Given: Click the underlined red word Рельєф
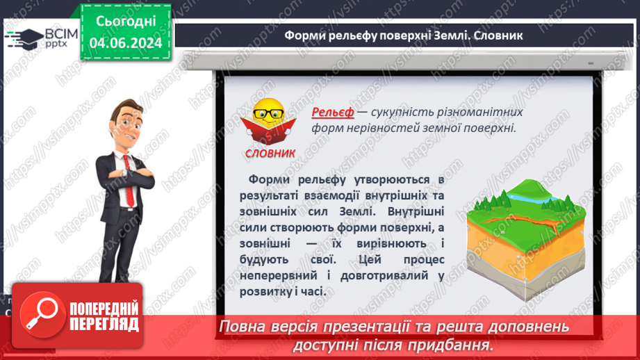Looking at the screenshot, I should [x=333, y=112].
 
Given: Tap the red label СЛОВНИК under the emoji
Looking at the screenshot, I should [x=270, y=153].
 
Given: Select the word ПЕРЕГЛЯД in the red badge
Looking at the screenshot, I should [x=101, y=323].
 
